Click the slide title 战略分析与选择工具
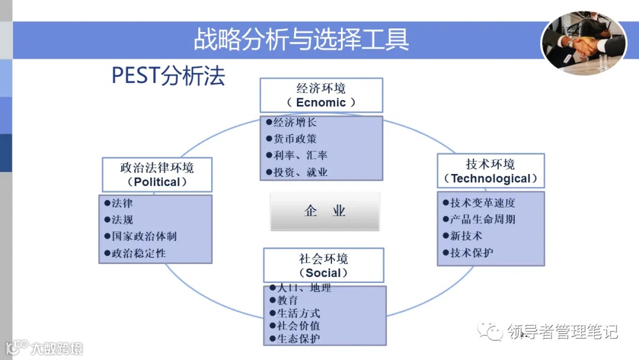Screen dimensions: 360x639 click(301, 39)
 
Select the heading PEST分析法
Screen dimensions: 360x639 click(169, 76)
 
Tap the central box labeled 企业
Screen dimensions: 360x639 click(325, 211)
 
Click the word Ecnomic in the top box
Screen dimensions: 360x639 click(321, 102)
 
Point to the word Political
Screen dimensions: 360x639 click(157, 182)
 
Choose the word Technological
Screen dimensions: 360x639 click(490, 178)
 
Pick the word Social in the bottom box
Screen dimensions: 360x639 click(323, 273)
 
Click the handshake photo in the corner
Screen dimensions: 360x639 click(583, 44)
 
